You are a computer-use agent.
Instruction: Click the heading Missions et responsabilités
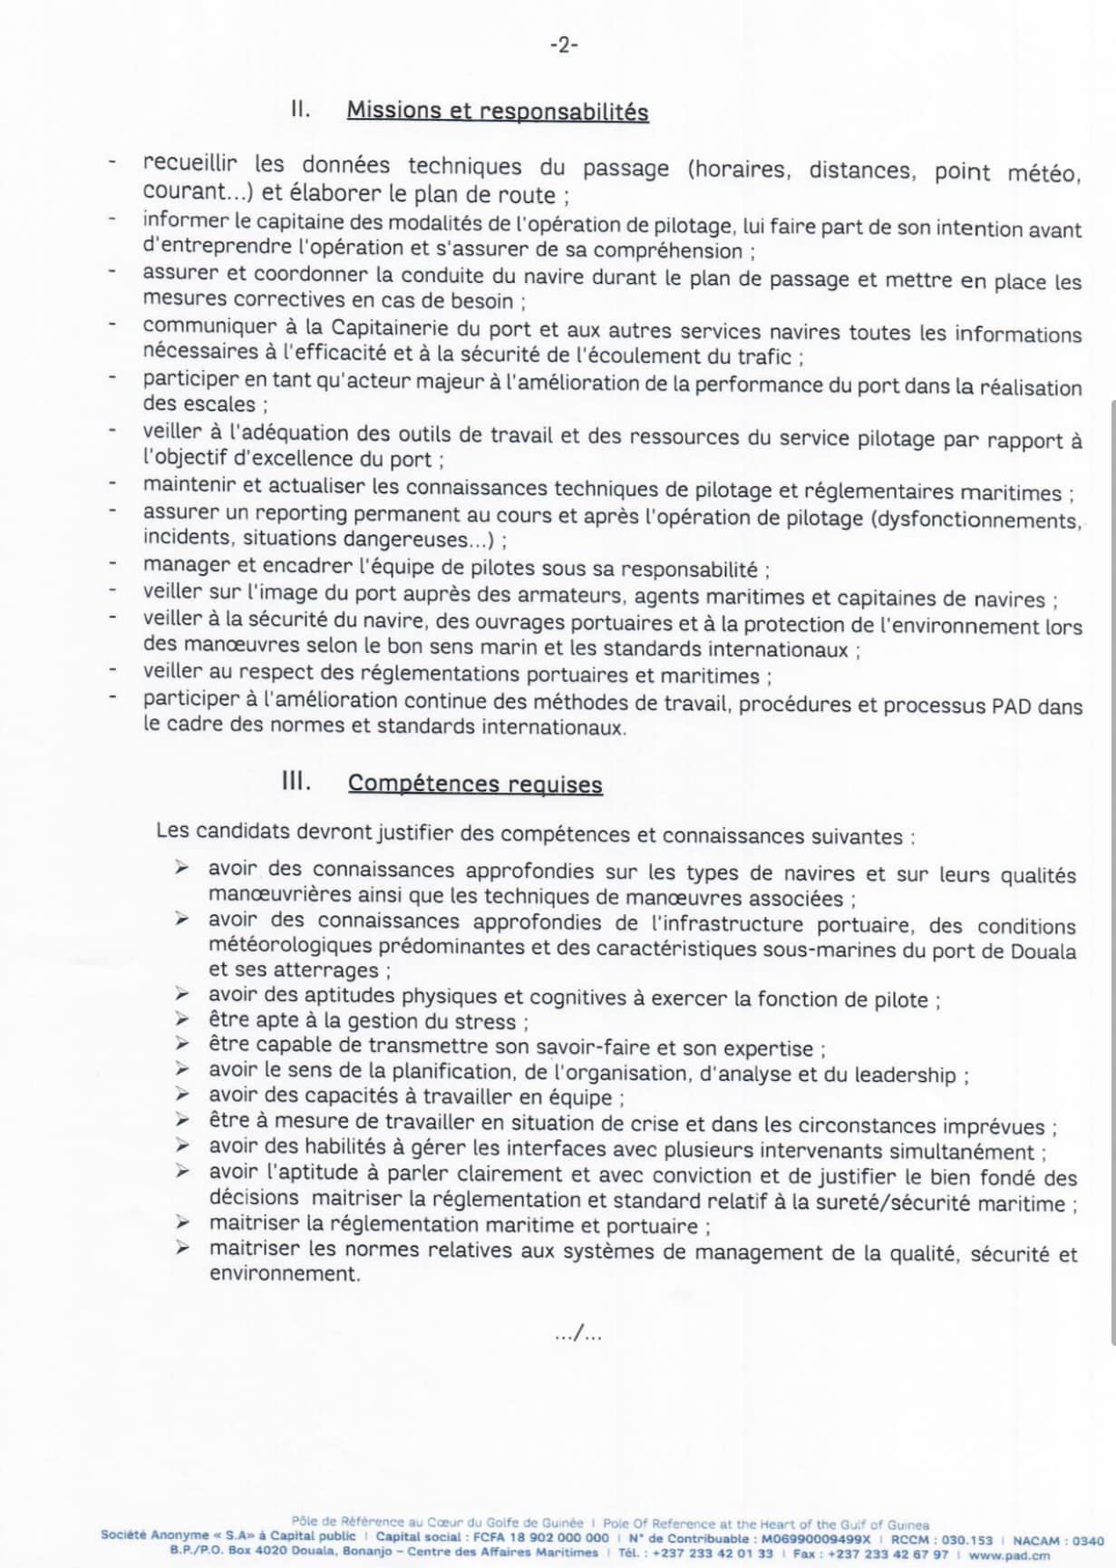pyautogui.click(x=498, y=112)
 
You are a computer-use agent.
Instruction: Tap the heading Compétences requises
pyautogui.click(x=475, y=784)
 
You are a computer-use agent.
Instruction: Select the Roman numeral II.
pyautogui.click(x=300, y=110)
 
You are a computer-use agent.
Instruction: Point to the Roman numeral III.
pyautogui.click(x=296, y=782)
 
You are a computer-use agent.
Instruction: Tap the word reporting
pyautogui.click(x=305, y=514)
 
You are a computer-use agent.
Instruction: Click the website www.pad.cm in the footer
pyautogui.click(x=1010, y=1554)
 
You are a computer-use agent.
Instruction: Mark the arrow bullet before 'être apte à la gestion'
pyautogui.click(x=182, y=1019)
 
